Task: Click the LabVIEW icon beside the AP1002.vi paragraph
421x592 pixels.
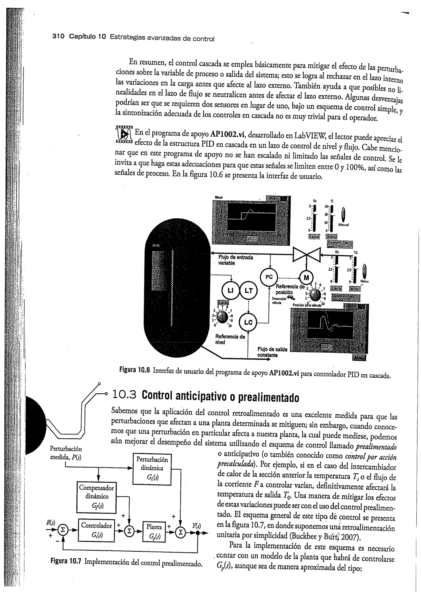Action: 124,135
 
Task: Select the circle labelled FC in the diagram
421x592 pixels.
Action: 269,277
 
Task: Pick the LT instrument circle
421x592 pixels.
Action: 248,291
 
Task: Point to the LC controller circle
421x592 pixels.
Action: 248,322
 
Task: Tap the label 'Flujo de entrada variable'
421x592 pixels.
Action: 235,260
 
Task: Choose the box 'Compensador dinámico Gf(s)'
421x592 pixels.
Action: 96,496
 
